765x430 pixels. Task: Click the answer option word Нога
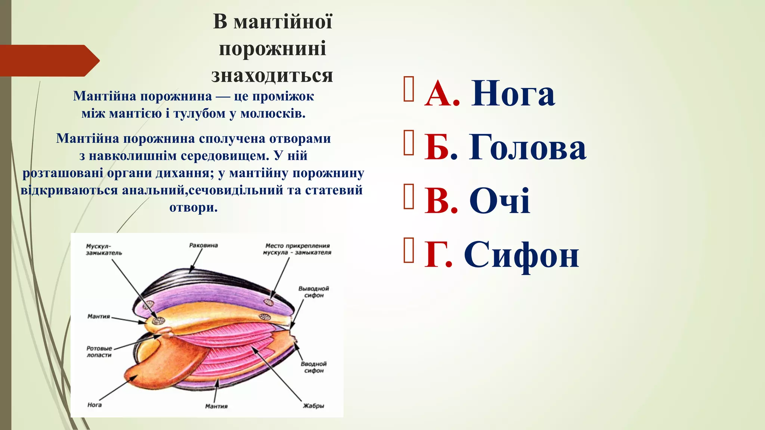512,94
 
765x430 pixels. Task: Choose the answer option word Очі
499,201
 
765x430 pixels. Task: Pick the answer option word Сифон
521,255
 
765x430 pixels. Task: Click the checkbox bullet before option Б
409,143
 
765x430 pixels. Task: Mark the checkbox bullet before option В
409,196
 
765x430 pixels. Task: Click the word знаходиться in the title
272,75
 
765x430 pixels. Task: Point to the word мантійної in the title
283,21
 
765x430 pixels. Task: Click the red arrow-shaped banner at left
49,60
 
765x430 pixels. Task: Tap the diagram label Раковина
203,245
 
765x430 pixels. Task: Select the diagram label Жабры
313,406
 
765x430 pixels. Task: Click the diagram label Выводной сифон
313,292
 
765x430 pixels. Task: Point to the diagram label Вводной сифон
313,367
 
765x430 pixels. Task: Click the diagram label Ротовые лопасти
99,352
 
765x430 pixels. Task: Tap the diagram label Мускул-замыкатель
104,249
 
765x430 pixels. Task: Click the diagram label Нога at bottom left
94,405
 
